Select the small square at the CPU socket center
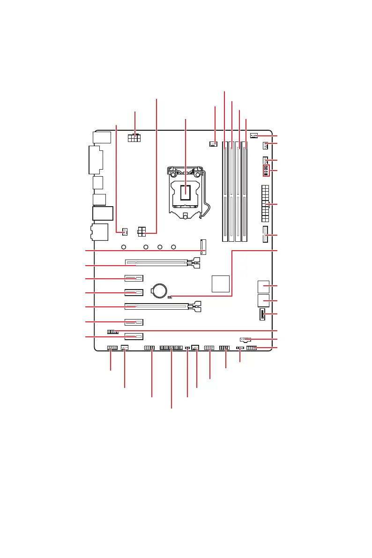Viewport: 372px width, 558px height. pyautogui.click(x=186, y=191)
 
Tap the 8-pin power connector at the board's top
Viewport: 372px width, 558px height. pyautogui.click(x=135, y=139)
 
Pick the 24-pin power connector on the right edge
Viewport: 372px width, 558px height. pyautogui.click(x=265, y=204)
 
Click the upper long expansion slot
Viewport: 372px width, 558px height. pyautogui.click(x=162, y=263)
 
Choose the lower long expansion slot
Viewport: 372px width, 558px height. pyautogui.click(x=162, y=307)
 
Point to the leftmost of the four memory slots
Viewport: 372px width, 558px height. pyautogui.click(x=225, y=192)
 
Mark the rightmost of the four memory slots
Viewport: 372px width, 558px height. pyautogui.click(x=245, y=192)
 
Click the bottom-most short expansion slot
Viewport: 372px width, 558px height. pyautogui.click(x=134, y=336)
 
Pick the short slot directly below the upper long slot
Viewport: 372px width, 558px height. pyautogui.click(x=134, y=278)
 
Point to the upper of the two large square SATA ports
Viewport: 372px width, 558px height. pyautogui.click(x=263, y=286)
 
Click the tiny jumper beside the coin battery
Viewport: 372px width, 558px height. pyautogui.click(x=170, y=297)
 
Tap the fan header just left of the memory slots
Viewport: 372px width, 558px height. pyautogui.click(x=214, y=143)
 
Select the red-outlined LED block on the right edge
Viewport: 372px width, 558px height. pyautogui.click(x=266, y=170)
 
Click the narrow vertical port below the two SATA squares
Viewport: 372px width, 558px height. pyautogui.click(x=261, y=314)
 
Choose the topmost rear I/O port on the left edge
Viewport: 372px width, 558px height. pyautogui.click(x=102, y=137)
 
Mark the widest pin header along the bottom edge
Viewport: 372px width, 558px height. pyautogui.click(x=171, y=348)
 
